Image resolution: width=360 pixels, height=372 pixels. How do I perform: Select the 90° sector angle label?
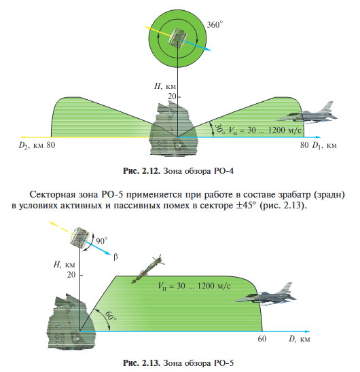point(103,240)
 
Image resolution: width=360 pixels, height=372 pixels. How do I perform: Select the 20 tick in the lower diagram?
point(71,276)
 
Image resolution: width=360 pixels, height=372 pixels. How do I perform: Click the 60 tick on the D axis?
point(262,338)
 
